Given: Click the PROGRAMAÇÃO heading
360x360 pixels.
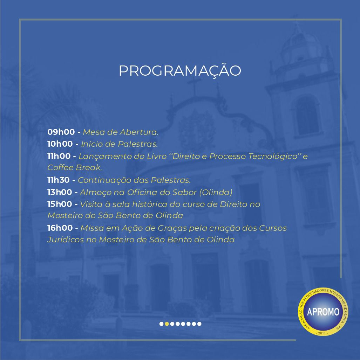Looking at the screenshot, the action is click(x=180, y=70).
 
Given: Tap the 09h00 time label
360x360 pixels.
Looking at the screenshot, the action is click(x=61, y=132).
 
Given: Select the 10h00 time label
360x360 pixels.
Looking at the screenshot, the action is click(x=60, y=144).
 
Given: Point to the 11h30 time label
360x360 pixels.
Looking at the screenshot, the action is click(x=59, y=180).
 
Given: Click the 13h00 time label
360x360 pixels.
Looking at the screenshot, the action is click(x=60, y=192).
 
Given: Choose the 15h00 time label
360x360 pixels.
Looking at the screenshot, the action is click(x=60, y=204).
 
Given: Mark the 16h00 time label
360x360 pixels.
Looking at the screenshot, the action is click(x=60, y=228).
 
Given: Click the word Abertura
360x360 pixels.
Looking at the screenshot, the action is click(x=139, y=132).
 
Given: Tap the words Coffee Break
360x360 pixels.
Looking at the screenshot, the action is click(x=75, y=168).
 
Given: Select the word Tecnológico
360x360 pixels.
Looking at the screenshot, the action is click(x=273, y=156).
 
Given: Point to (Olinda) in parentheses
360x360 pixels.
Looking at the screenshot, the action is click(x=216, y=192).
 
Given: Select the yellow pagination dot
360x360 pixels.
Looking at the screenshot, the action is click(x=167, y=324).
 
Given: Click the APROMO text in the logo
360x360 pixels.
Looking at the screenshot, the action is click(x=323, y=312).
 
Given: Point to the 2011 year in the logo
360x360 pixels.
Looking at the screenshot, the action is click(x=322, y=333).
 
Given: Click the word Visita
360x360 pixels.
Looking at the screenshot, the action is click(x=91, y=204).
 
